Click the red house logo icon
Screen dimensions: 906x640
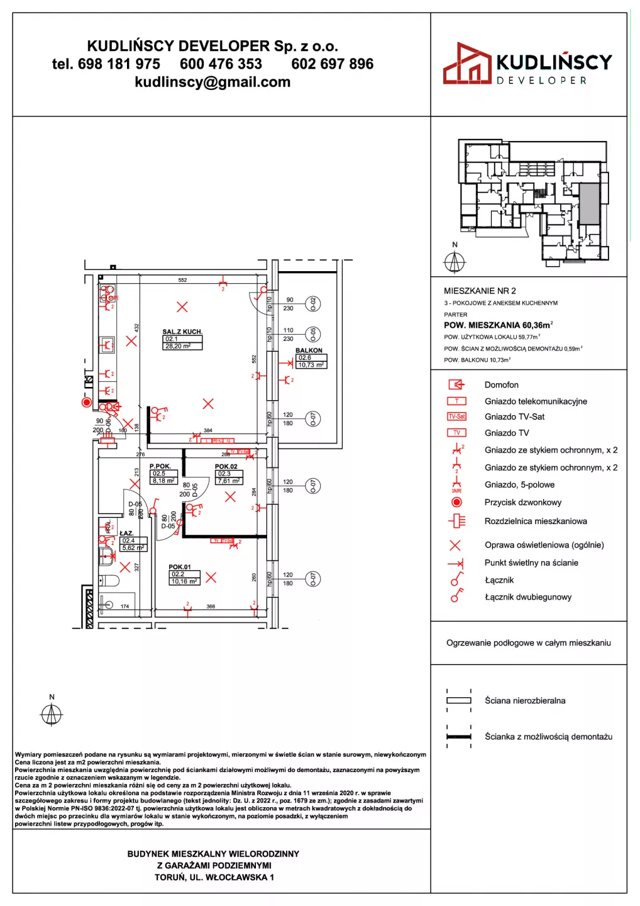[466, 64]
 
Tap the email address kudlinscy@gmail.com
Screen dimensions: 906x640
[212, 82]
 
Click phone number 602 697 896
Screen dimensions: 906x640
[332, 64]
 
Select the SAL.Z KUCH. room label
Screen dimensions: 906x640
[182, 332]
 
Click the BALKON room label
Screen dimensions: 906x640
[309, 350]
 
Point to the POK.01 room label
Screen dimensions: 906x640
[180, 567]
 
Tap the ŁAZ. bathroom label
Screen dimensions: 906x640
[126, 533]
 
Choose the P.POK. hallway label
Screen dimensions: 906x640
[160, 466]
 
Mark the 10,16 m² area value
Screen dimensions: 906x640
[184, 581]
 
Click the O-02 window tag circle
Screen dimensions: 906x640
[313, 304]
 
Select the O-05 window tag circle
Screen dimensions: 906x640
[313, 334]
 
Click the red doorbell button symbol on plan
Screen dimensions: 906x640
[87, 402]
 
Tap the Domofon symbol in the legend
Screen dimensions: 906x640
[456, 384]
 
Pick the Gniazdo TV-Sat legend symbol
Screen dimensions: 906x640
[456, 417]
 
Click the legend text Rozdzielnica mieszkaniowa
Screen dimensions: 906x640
[536, 521]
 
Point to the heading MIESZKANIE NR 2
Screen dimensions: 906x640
[480, 291]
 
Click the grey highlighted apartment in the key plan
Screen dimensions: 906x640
[588, 204]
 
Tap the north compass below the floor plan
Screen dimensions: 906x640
[52, 715]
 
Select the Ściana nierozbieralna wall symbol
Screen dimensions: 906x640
[459, 700]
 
